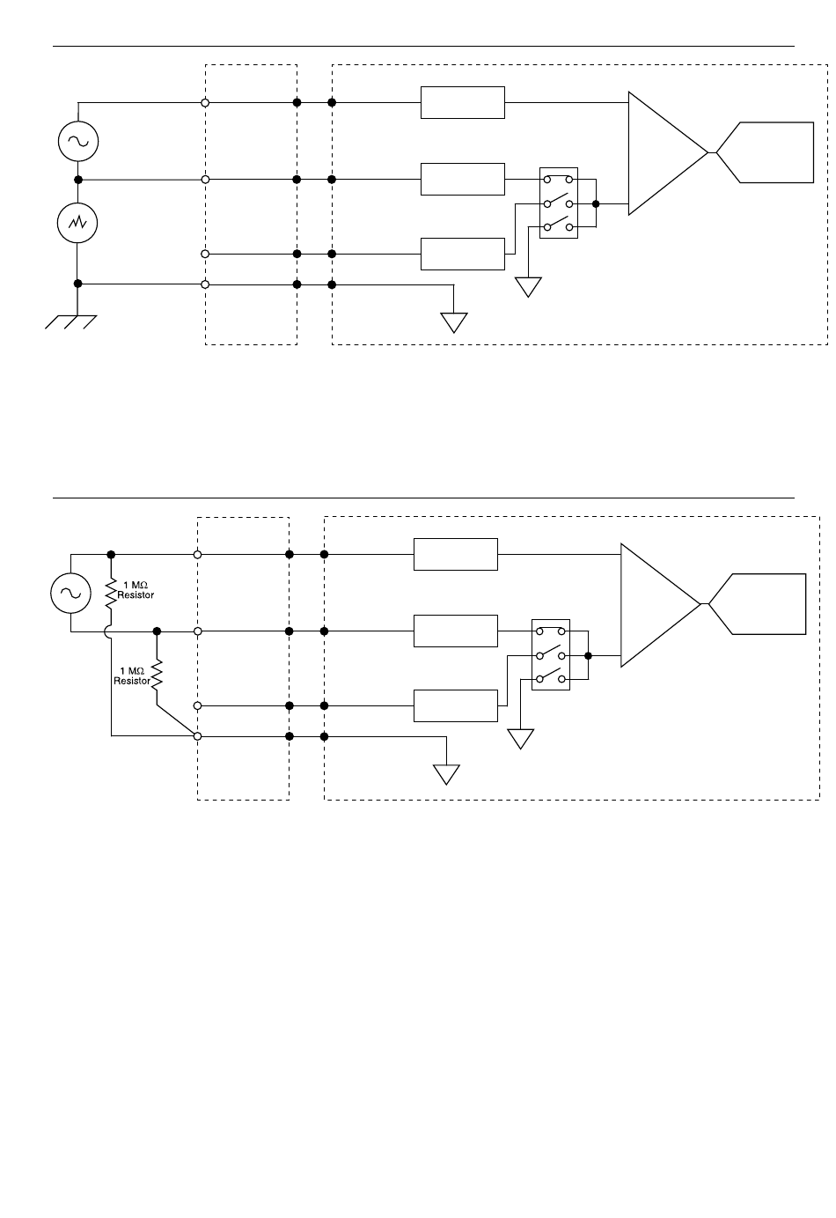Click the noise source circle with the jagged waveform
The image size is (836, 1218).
tap(77, 223)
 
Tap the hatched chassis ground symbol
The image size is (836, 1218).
tap(70, 322)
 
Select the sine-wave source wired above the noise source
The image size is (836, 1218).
tap(78, 142)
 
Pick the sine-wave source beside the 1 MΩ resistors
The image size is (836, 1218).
tap(70, 594)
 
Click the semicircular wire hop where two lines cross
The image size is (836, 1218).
tap(107, 631)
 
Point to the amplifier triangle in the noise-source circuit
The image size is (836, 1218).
tap(668, 153)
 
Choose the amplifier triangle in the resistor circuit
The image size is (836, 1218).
tap(661, 605)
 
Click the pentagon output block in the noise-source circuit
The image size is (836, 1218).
tap(765, 152)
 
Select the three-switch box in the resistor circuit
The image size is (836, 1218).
tap(551, 654)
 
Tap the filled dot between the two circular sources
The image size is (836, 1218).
tap(78, 180)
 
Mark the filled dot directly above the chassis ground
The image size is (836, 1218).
tap(77, 284)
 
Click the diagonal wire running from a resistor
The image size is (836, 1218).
tap(177, 720)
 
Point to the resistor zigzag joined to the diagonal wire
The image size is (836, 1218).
tap(157, 675)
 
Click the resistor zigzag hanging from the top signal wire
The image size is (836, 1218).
tap(111, 593)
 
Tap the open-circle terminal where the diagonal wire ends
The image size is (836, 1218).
tap(198, 736)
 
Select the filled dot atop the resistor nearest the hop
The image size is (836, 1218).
tap(157, 631)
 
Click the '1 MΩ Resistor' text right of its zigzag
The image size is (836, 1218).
tap(136, 590)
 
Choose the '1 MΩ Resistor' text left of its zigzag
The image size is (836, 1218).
tap(132, 675)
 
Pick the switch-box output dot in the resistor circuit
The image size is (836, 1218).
tap(588, 656)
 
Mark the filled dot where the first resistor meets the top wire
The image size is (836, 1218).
tap(111, 555)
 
